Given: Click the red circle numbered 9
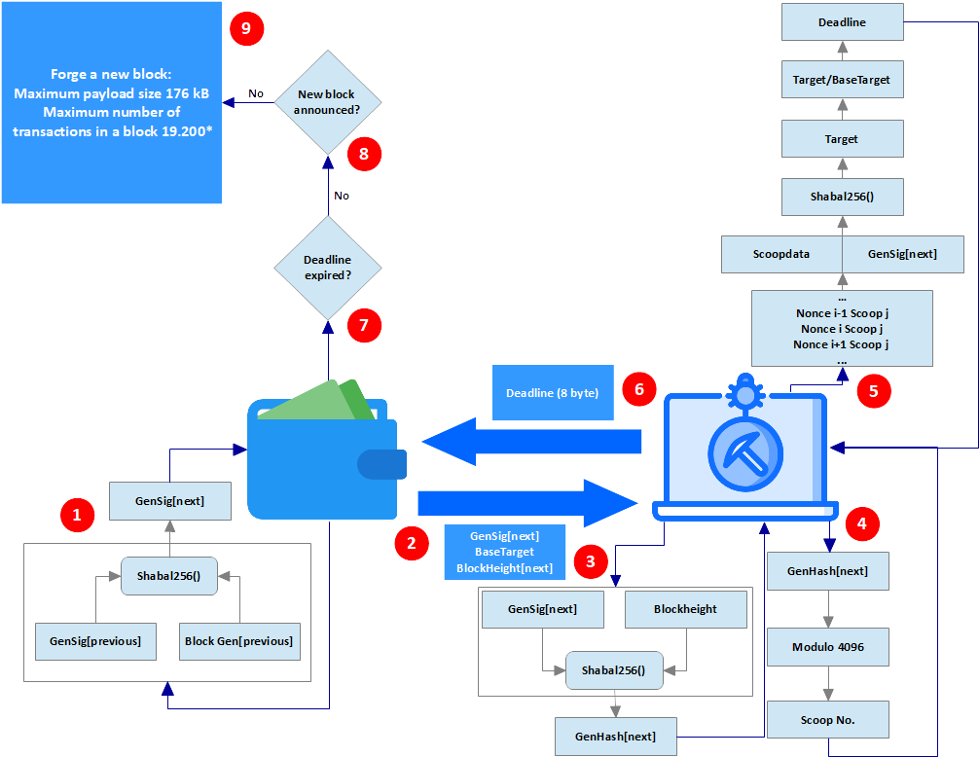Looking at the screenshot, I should pyautogui.click(x=246, y=28).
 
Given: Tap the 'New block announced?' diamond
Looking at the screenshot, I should pyautogui.click(x=328, y=102).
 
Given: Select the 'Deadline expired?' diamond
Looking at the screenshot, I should pyautogui.click(x=328, y=268).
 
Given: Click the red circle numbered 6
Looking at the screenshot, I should pyautogui.click(x=638, y=389).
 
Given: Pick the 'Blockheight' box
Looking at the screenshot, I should pyautogui.click(x=685, y=609).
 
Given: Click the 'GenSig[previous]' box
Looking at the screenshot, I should pyautogui.click(x=94, y=641).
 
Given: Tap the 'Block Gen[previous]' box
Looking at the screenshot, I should pyautogui.click(x=238, y=641).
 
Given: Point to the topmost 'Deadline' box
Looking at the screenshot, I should pyautogui.click(x=841, y=22).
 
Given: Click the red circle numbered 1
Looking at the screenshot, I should pyautogui.click(x=78, y=515).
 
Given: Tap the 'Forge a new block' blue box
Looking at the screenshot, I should pyautogui.click(x=111, y=102).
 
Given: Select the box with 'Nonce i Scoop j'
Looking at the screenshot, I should pyautogui.click(x=841, y=329).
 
